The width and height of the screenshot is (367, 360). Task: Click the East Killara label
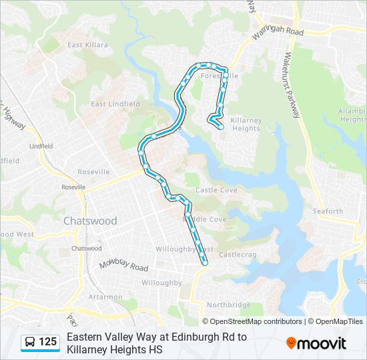87,45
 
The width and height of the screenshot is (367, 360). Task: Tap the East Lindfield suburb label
115,104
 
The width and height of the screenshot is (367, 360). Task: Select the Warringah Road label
277,32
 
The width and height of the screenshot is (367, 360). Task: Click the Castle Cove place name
216,191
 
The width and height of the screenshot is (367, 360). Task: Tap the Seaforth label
328,211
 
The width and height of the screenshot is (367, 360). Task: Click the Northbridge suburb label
228,305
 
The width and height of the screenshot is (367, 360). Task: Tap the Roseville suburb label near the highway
93,171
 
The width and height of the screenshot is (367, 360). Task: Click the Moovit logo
316,343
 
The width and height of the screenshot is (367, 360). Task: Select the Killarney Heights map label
245,124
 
